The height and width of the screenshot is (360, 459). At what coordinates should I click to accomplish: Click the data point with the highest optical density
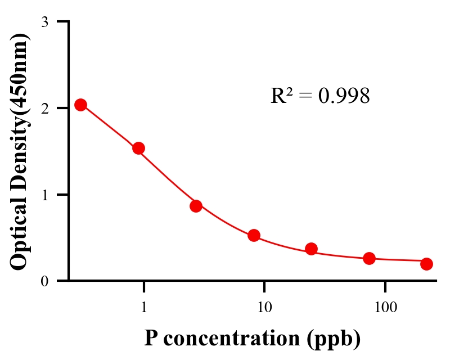[x=80, y=105]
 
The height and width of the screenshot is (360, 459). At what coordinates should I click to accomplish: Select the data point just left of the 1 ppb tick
[x=138, y=148]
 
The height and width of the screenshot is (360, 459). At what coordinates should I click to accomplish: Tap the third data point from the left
[x=196, y=206]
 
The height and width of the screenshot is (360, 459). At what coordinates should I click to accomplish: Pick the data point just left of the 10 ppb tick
[x=254, y=235]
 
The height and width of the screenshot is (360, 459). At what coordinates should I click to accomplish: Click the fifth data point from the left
[x=311, y=249]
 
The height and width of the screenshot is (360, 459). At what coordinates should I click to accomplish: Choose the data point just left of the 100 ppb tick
[x=369, y=258]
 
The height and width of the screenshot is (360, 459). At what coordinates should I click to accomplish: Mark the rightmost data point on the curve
[x=426, y=264]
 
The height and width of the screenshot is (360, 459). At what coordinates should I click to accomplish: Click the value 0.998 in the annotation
[x=344, y=96]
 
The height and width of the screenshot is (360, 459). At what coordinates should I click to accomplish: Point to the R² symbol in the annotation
[x=281, y=96]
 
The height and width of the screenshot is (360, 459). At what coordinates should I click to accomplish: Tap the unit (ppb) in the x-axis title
[x=334, y=339]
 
